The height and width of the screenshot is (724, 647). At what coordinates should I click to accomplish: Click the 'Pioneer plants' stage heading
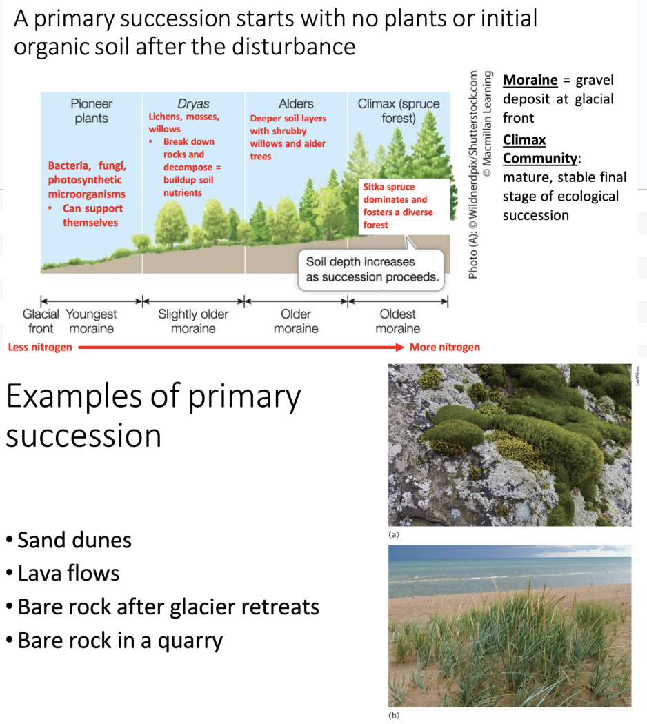click(x=91, y=110)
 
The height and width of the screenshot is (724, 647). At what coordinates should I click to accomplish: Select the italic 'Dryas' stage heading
click(x=193, y=103)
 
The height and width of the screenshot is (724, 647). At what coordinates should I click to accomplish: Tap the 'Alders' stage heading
click(x=296, y=103)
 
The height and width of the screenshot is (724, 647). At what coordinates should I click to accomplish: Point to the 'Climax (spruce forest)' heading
click(x=399, y=110)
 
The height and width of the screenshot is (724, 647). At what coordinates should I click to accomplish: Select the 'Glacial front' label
click(x=41, y=321)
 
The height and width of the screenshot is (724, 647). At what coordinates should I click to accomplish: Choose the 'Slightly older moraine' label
click(x=193, y=321)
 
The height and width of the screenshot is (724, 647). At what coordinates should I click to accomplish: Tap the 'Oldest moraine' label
click(x=398, y=321)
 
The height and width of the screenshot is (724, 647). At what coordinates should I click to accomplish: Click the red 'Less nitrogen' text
click(x=39, y=347)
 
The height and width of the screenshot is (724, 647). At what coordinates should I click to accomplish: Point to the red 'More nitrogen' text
click(x=444, y=347)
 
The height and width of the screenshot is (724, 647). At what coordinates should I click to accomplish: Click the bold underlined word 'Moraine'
click(x=530, y=80)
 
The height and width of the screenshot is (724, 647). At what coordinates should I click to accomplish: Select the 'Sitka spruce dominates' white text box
click(x=404, y=205)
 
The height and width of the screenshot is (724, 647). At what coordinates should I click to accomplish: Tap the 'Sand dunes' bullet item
click(x=74, y=539)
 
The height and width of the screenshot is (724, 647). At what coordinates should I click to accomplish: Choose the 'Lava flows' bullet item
click(x=68, y=573)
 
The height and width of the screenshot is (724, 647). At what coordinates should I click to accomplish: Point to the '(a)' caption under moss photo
click(x=394, y=534)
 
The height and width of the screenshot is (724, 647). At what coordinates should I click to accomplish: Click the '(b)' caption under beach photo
click(x=394, y=714)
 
